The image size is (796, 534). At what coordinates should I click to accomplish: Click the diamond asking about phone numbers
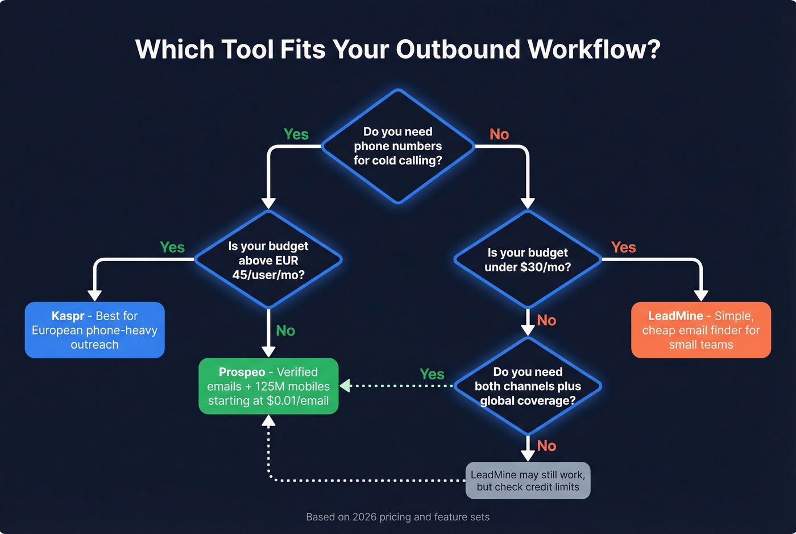pos(398,146)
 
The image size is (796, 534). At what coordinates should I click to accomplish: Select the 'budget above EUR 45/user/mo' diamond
pos(268,260)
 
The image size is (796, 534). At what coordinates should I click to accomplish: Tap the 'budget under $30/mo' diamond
pos(528,260)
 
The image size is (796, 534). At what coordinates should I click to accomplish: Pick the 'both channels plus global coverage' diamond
pos(528,386)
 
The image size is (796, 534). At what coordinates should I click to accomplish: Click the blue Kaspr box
pos(95,330)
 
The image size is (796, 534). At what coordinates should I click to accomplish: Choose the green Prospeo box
pos(268,386)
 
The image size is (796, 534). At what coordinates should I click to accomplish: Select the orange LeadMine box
pos(701,330)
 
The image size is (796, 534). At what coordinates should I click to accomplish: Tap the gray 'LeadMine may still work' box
pos(528,481)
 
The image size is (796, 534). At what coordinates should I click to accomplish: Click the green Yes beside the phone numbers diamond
pos(296,134)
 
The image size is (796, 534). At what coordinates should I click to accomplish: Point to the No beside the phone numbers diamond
pos(499,134)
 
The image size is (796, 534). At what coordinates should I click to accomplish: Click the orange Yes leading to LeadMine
pos(623,247)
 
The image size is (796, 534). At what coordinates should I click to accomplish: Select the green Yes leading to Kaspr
pos(172,247)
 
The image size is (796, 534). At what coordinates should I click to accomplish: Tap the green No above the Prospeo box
pos(285,330)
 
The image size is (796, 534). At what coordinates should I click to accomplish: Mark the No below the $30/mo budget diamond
pos(546,320)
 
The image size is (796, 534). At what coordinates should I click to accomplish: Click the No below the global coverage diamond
pos(546,446)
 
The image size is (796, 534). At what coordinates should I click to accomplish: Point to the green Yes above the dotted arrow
pos(432,374)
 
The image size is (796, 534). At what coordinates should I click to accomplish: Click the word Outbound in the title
pos(458,49)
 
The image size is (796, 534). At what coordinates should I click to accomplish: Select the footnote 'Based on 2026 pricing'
pos(397,517)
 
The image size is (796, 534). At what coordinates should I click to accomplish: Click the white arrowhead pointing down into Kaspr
pos(95,295)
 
